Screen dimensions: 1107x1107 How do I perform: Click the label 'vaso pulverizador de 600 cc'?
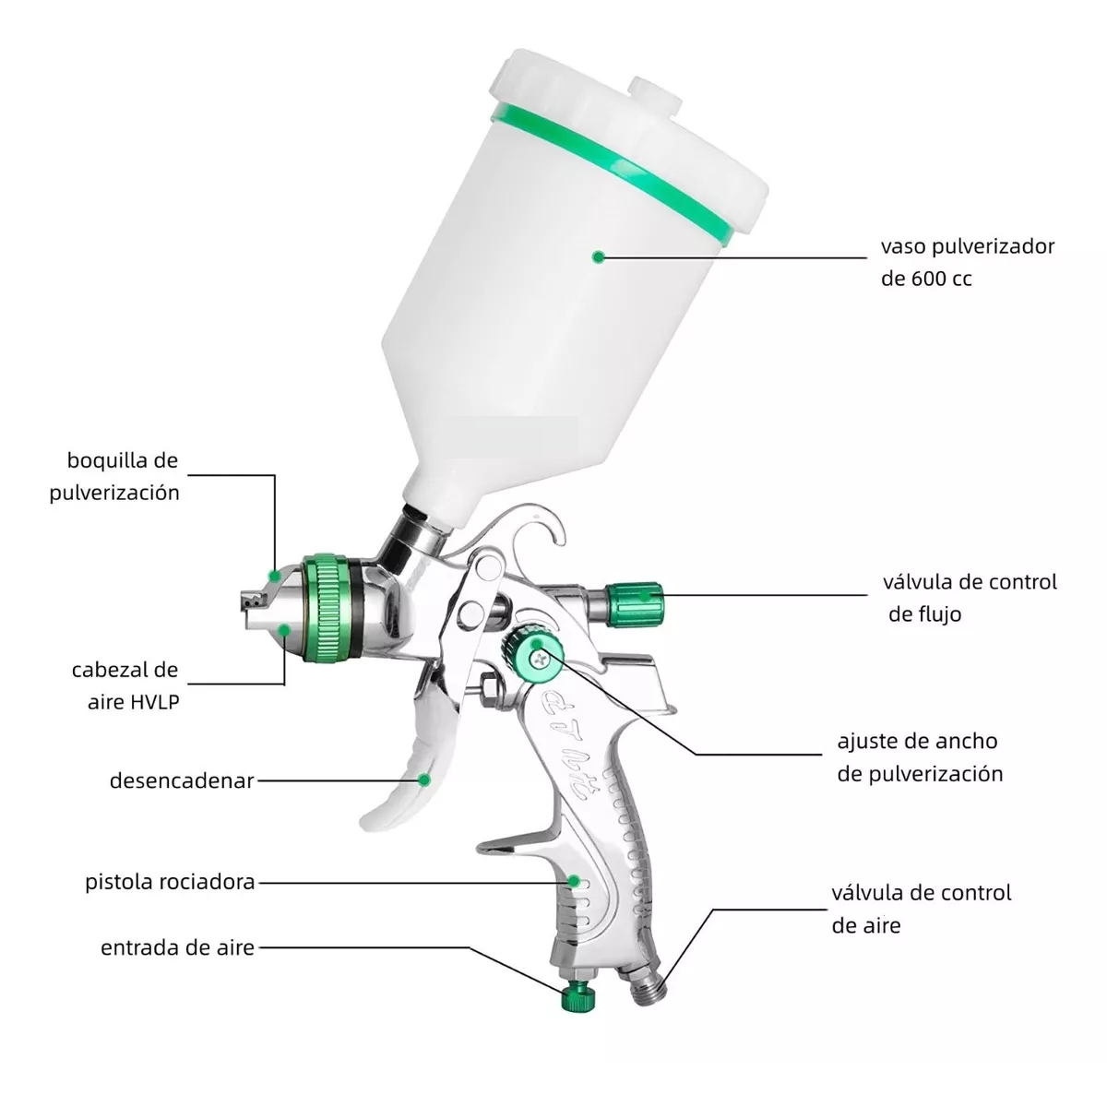pos(968,263)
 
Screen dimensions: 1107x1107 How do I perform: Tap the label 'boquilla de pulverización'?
pos(114,476)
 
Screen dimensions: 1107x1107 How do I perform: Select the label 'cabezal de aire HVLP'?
pos(125,685)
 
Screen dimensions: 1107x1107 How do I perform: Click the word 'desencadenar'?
pos(182,780)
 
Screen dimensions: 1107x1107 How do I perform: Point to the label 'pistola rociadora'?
pos(170,882)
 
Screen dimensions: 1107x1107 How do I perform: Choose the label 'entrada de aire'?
pos(177,947)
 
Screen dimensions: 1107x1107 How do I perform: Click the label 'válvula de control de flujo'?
pos(970,598)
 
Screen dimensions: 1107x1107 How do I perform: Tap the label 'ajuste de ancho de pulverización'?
pos(920,757)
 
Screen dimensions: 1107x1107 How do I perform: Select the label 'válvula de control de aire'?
pos(922,909)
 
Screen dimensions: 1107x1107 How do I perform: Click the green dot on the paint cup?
pos(598,256)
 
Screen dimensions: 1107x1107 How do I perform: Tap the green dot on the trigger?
pos(424,780)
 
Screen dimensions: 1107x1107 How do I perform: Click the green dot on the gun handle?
pos(573,881)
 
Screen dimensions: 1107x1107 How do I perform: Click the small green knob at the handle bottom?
pos(577,996)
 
